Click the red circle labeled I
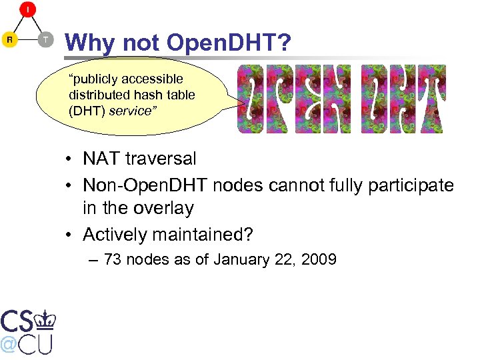click(x=27, y=10)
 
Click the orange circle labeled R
click(x=10, y=40)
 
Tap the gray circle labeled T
click(x=45, y=40)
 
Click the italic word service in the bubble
click(x=131, y=111)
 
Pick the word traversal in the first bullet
click(x=163, y=159)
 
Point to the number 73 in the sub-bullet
click(x=113, y=259)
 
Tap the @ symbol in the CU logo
click(x=9, y=344)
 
